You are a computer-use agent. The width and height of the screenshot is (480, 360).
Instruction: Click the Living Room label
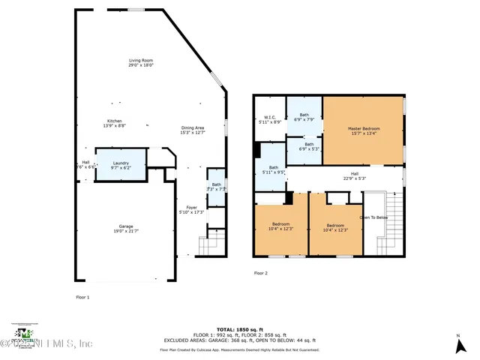(140, 60)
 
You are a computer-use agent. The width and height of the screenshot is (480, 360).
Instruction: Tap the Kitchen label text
(114, 121)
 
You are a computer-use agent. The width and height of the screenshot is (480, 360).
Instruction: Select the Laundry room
(121, 163)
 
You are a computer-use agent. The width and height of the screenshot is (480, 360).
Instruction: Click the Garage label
(125, 226)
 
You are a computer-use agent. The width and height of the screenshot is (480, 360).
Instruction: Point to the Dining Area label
(193, 128)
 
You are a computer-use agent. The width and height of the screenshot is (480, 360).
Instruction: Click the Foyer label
(192, 208)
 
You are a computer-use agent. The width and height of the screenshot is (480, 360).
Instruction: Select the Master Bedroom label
(364, 128)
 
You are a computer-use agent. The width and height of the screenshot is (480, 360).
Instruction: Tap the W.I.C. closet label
(269, 117)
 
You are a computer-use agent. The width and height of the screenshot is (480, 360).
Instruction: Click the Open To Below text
(373, 217)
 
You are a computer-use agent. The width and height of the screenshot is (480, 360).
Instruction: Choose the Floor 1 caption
(82, 298)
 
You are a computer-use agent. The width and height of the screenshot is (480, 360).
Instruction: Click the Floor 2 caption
(260, 273)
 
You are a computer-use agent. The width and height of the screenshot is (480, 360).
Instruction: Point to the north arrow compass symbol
(458, 346)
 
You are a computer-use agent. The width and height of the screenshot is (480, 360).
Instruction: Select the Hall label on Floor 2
(355, 173)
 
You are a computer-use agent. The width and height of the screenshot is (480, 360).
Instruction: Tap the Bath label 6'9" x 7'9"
(304, 115)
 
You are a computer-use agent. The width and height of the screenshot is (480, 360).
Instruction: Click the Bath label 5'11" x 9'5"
(273, 167)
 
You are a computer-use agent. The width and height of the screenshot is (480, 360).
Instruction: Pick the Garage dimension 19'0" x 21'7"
(125, 231)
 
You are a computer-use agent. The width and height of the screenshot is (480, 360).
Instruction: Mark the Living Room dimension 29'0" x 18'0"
(140, 65)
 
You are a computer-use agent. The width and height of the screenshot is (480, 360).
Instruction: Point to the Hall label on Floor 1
(85, 162)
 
